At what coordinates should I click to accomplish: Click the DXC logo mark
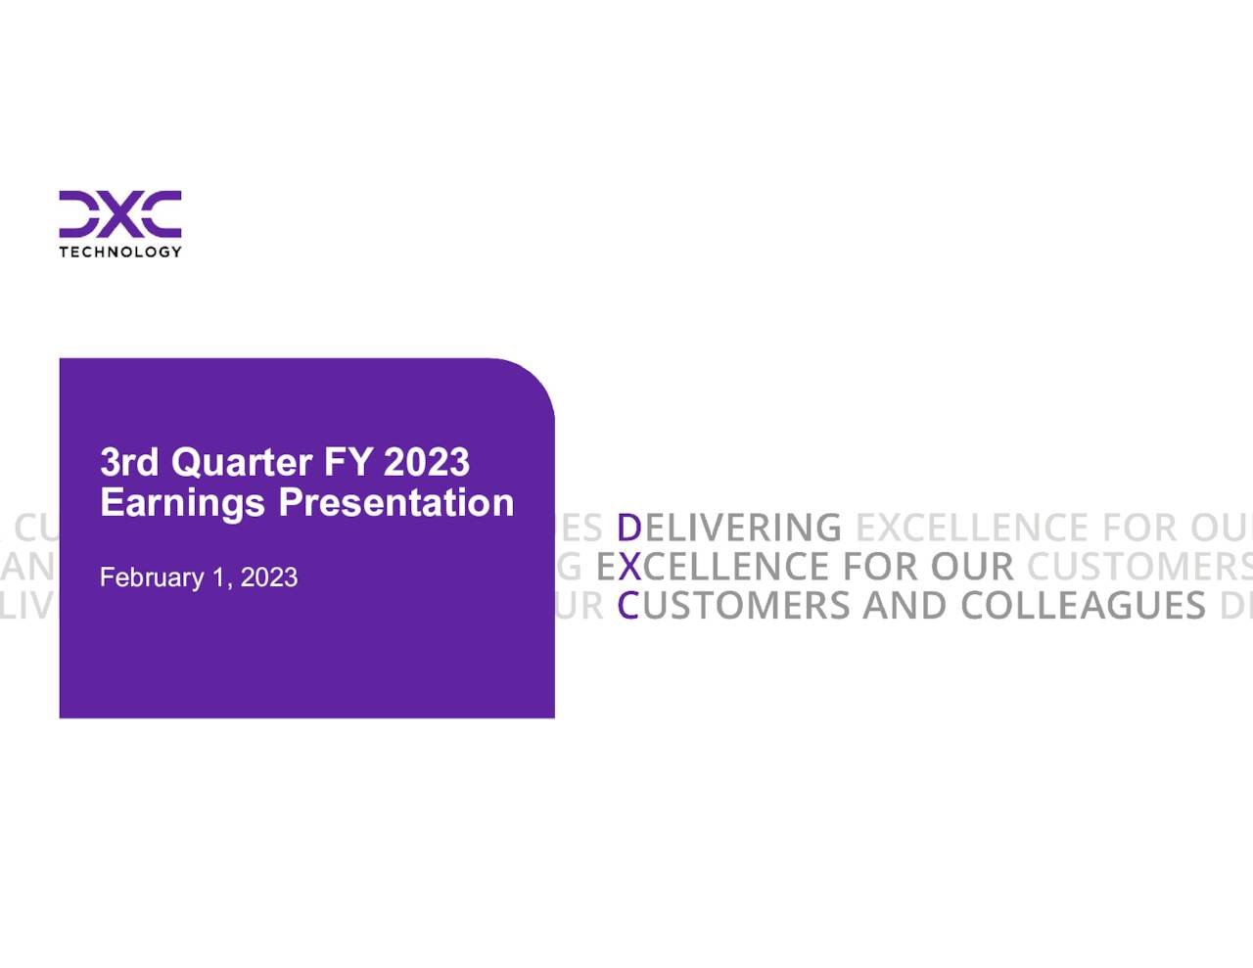pyautogui.click(x=119, y=213)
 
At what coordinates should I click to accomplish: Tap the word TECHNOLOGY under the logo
pyautogui.click(x=119, y=252)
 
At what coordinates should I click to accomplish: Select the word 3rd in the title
pyautogui.click(x=129, y=462)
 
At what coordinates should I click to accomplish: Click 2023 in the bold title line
pyautogui.click(x=426, y=462)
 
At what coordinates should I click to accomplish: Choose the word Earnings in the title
pyautogui.click(x=182, y=503)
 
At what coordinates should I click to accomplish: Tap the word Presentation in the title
pyautogui.click(x=395, y=503)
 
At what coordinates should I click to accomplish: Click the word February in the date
pyautogui.click(x=152, y=577)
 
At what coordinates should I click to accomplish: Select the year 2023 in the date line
pyautogui.click(x=269, y=577)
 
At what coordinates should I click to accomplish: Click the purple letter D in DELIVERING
pyautogui.click(x=628, y=528)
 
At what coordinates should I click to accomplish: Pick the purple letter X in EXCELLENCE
pyautogui.click(x=629, y=567)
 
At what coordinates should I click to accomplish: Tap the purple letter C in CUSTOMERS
pyautogui.click(x=627, y=606)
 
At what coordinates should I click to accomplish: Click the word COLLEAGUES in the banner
pyautogui.click(x=1083, y=606)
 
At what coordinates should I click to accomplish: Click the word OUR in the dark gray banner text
pyautogui.click(x=971, y=567)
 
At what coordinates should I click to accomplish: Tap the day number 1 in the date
pyautogui.click(x=218, y=577)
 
